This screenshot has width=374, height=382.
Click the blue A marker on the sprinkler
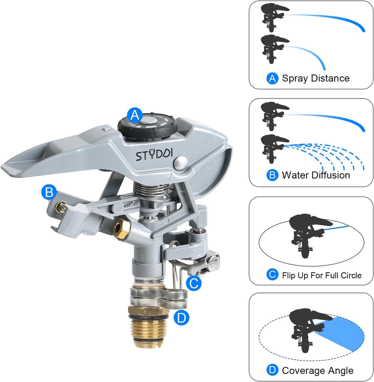135,115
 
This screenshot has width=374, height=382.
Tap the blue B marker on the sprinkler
49,192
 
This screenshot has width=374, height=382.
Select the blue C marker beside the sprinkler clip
194,283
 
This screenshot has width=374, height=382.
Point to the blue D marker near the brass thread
181,318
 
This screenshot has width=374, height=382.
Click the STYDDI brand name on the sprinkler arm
154,154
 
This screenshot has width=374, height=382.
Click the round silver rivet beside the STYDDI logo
181,163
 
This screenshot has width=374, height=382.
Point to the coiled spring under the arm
151,191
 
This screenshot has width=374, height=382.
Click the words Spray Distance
316,78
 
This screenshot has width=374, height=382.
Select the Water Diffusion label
316,175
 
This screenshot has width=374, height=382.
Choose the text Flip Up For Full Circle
322,275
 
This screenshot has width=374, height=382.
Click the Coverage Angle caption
318,370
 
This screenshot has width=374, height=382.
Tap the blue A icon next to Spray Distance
272,78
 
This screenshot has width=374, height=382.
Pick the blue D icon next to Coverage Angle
272,370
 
